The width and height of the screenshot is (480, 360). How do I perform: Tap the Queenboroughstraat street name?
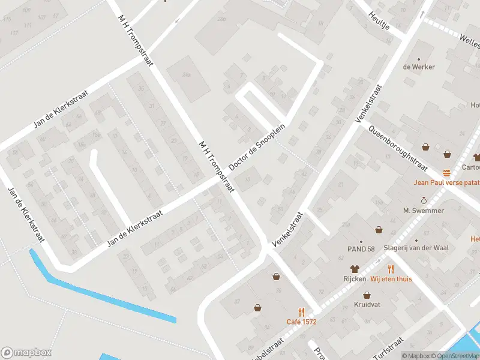398,148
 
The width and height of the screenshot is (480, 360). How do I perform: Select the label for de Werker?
419,67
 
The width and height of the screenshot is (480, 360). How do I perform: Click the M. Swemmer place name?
424,211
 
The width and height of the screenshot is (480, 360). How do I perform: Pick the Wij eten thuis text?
391,278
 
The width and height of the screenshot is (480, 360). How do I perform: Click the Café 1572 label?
301,322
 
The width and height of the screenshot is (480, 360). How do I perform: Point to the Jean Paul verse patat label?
447,182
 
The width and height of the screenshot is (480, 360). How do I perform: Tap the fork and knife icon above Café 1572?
301,312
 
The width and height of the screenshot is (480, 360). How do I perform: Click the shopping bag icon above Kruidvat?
367,295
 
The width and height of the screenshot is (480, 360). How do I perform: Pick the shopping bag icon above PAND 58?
379,229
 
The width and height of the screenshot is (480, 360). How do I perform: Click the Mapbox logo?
26,352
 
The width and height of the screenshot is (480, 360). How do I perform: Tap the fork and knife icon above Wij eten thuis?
391,269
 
